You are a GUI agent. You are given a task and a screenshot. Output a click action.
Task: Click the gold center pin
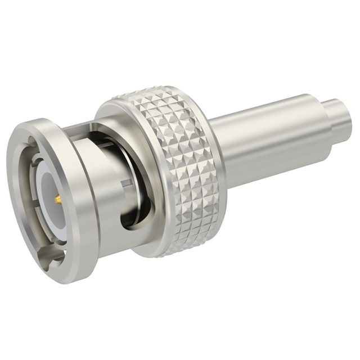coord(57,199)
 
